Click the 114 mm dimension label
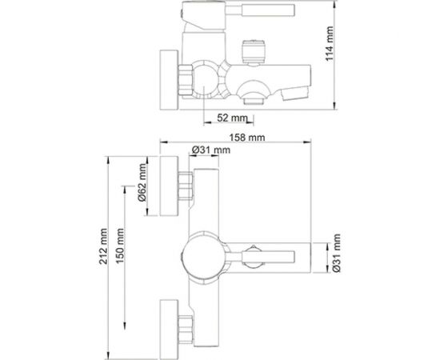click(x=329, y=43)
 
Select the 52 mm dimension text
click(x=232, y=118)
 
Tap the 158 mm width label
click(x=247, y=138)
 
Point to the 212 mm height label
click(x=103, y=246)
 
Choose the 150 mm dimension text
click(x=120, y=246)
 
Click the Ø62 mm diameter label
click(x=142, y=182)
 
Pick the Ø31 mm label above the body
click(x=211, y=150)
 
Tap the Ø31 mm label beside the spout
click(x=336, y=253)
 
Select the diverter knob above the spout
click(x=254, y=52)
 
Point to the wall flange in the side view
click(x=169, y=80)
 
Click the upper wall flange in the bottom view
click(x=169, y=186)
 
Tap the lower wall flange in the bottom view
click(x=169, y=330)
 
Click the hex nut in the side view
click(x=186, y=79)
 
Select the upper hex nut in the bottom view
click(x=186, y=186)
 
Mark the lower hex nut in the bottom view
click(x=186, y=330)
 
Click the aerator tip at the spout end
click(x=294, y=93)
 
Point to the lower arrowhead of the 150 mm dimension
click(x=124, y=326)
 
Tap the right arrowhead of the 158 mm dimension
click(x=307, y=142)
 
